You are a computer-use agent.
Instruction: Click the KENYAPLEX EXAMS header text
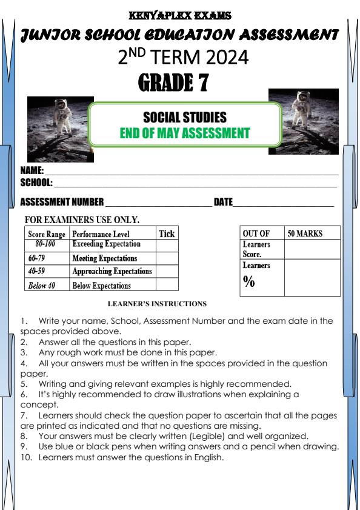[x=180, y=14]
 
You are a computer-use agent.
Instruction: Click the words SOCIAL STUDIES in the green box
[x=185, y=118]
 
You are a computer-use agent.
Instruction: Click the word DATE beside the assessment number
[x=223, y=202]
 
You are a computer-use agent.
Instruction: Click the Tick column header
[x=166, y=233]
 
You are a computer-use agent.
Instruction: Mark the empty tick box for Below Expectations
[x=167, y=285]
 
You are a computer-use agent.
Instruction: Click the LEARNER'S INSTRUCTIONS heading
[x=157, y=304]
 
